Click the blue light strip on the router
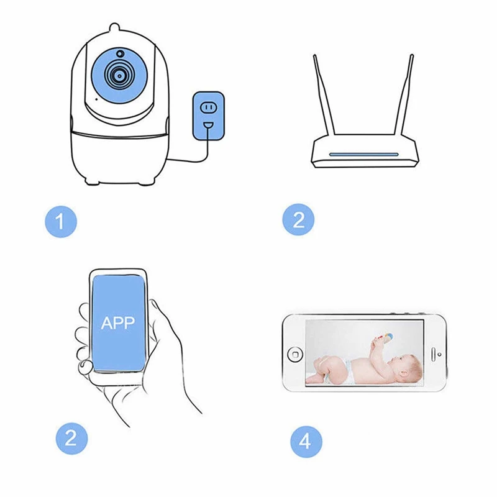pyautogui.click(x=364, y=154)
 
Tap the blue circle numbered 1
pyautogui.click(x=60, y=221)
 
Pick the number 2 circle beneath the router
pyautogui.click(x=298, y=221)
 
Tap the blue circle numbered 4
pyautogui.click(x=305, y=442)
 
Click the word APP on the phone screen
pyautogui.click(x=118, y=323)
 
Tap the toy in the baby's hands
pyautogui.click(x=384, y=339)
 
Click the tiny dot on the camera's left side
pyautogui.click(x=95, y=98)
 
